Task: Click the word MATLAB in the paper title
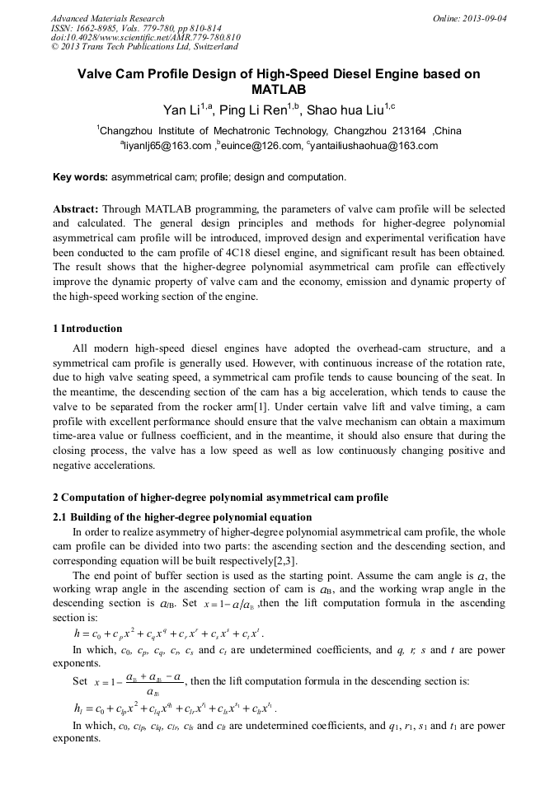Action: [279, 89]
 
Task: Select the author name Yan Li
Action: [181, 110]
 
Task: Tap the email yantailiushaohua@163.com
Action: [374, 146]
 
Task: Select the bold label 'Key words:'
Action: [80, 177]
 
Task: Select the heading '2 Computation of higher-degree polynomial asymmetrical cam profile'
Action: [220, 498]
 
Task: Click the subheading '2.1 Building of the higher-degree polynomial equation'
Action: [182, 517]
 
